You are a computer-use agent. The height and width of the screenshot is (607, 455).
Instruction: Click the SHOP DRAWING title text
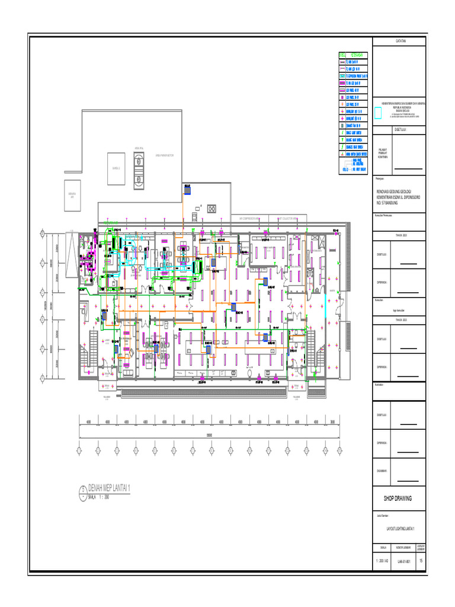pos(399,498)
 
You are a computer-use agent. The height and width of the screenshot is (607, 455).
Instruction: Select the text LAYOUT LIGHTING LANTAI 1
pos(399,528)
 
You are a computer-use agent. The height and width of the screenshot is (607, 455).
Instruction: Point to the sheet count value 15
pos(421,560)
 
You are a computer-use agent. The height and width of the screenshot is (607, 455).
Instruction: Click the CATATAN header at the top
pos(399,40)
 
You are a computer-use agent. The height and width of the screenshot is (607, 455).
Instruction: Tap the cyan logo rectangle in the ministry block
pos(379,110)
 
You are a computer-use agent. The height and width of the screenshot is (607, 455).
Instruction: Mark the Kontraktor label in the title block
pos(380,385)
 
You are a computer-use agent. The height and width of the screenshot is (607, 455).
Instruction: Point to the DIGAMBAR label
pos(382,471)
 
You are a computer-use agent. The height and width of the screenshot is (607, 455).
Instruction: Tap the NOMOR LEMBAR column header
pos(403,547)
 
